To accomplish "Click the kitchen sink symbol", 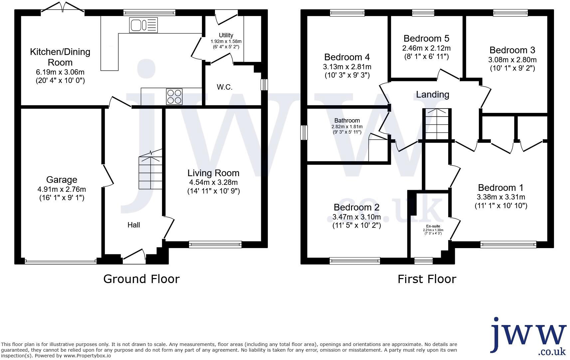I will click(143, 25).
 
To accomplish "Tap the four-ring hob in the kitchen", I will click(174, 97).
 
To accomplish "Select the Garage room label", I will click(62, 180).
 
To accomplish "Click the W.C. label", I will click(225, 87).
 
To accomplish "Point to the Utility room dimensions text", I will click(226, 44).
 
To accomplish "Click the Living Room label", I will click(213, 173).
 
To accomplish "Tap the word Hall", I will click(134, 225).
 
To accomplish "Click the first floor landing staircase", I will click(437, 124).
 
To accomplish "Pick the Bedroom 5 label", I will click(426, 39).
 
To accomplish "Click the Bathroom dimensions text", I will click(347, 129).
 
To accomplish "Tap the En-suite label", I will click(433, 226).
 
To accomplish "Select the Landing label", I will click(433, 95).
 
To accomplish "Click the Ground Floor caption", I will click(141, 279).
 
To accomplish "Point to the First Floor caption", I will click(427, 279).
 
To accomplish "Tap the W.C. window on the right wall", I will click(264, 84).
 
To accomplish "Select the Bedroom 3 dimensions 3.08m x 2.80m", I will click(512, 60).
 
